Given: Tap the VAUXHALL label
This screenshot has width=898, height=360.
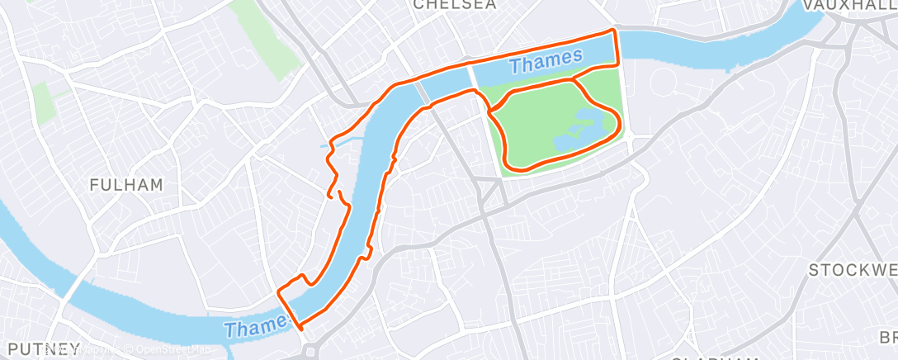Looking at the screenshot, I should tap(850, 5).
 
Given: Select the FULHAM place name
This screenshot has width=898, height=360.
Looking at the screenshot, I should tap(126, 184).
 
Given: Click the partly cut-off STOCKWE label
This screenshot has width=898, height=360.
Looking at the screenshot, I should tap(853, 271).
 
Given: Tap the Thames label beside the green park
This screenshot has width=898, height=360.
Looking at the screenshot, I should tap(546, 59).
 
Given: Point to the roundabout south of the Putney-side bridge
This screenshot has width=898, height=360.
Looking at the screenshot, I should tap(312, 350).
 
